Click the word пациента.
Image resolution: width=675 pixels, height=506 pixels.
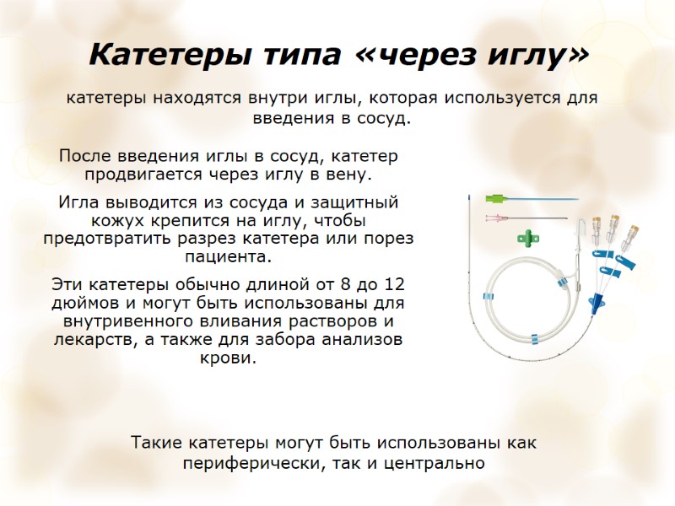point(228,257)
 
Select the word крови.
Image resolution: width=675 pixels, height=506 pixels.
point(228,358)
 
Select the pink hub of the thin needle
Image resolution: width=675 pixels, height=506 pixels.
point(492,218)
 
